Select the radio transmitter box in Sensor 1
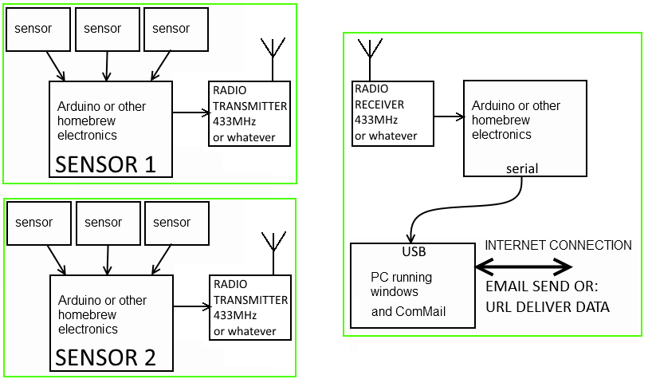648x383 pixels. tap(249, 113)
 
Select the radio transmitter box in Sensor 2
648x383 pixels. tap(249, 307)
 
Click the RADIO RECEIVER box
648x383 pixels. tap(393, 113)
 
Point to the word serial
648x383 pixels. tap(522, 168)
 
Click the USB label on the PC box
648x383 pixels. tap(414, 252)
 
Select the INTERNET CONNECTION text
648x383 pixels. tap(558, 246)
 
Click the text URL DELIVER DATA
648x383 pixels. tap(548, 306)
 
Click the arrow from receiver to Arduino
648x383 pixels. tap(449, 116)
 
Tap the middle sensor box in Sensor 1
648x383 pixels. tap(107, 29)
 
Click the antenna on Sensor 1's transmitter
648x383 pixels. tap(273, 56)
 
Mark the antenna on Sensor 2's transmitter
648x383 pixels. tap(273, 249)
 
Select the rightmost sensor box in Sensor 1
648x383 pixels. tap(176, 29)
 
